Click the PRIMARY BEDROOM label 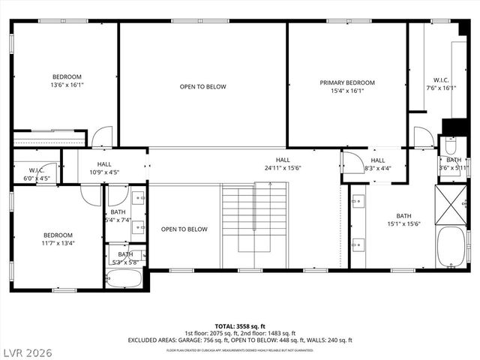pos(347,82)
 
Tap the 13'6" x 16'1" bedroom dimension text pos(67,85)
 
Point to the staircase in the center pos(254,221)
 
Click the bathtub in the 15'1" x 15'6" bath pos(453,247)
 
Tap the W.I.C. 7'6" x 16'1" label pos(440,83)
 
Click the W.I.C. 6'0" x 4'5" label pos(37,174)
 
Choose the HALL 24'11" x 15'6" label pos(282,163)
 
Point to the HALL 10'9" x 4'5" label pos(104,168)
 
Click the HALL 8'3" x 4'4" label pos(377,164)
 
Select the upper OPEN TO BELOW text pos(202,87)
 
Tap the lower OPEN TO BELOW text pos(184,229)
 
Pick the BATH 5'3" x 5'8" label pos(124,258)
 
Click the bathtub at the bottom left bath pos(124,280)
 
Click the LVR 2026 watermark pos(28,349)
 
